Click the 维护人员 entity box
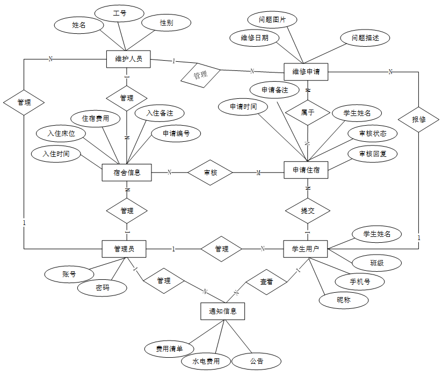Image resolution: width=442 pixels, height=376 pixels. (x=128, y=59)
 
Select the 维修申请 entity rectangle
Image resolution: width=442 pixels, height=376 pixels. (x=306, y=71)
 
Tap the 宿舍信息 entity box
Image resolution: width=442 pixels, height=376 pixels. (x=127, y=172)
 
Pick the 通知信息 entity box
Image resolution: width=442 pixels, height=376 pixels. (x=222, y=310)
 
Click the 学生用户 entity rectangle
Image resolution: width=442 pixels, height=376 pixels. (x=306, y=249)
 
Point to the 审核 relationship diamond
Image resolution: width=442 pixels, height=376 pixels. (x=211, y=172)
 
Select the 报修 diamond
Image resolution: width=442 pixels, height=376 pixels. (x=419, y=119)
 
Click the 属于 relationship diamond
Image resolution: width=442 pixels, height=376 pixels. (x=308, y=113)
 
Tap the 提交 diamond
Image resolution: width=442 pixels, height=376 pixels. (x=308, y=211)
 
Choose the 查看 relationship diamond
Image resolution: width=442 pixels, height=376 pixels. (x=266, y=281)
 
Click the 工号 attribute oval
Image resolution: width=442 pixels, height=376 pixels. (x=120, y=13)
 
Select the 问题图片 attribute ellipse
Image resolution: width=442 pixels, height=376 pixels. (x=272, y=20)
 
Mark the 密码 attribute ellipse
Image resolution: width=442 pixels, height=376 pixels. (x=103, y=288)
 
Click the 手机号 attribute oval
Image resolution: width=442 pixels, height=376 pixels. (x=352, y=281)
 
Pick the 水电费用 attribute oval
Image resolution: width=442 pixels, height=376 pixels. (x=206, y=361)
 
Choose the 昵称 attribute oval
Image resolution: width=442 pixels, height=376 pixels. (x=344, y=300)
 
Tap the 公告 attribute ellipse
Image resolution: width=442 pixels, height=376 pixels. (x=257, y=361)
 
